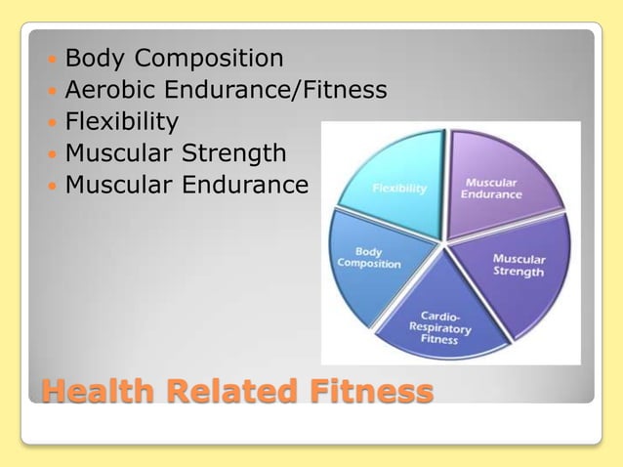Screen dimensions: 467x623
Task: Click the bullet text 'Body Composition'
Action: [174, 59]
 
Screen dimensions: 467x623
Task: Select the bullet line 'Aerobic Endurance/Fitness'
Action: [226, 91]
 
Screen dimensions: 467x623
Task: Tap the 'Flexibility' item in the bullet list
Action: [121, 122]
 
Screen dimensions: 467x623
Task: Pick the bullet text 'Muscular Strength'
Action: [176, 153]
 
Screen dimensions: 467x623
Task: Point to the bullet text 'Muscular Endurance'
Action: [187, 185]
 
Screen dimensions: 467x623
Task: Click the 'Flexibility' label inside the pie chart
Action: [399, 189]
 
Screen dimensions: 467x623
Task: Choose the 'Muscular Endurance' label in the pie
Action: [492, 188]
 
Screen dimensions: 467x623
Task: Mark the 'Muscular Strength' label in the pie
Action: [519, 265]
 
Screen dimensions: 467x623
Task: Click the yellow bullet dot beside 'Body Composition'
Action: [51, 60]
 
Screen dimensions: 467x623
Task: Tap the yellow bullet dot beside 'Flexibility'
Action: [51, 123]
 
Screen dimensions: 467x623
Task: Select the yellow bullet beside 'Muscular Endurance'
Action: [51, 186]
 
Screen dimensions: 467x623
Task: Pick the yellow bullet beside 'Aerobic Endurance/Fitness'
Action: [51, 92]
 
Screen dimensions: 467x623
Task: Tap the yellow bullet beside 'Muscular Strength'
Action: [51, 154]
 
